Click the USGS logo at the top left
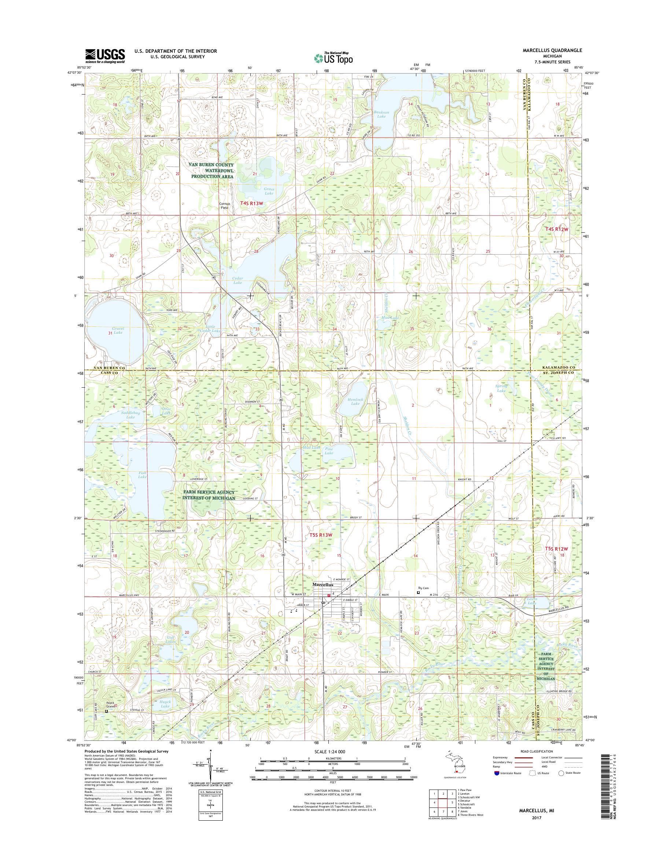[x=105, y=56]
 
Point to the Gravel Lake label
[x=118, y=330]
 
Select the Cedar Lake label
[x=237, y=280]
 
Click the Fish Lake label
[x=142, y=475]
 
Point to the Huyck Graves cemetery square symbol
[x=106, y=711]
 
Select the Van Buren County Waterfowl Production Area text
[x=211, y=171]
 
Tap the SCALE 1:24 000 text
[x=332, y=751]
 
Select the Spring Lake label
[x=501, y=388]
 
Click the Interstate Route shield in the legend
[x=496, y=773]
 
